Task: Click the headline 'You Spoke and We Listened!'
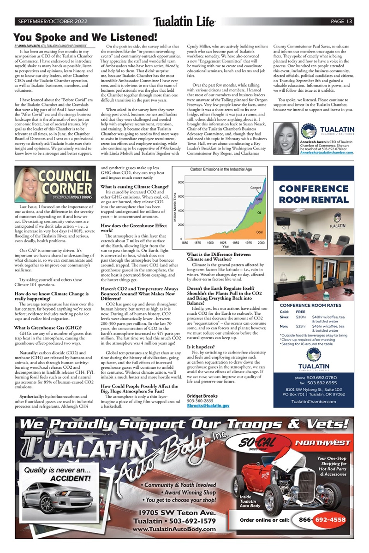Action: click(x=85, y=37)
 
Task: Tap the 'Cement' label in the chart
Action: click(x=256, y=188)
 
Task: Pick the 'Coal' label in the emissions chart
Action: click(x=259, y=232)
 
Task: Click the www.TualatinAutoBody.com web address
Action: click(x=173, y=529)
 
